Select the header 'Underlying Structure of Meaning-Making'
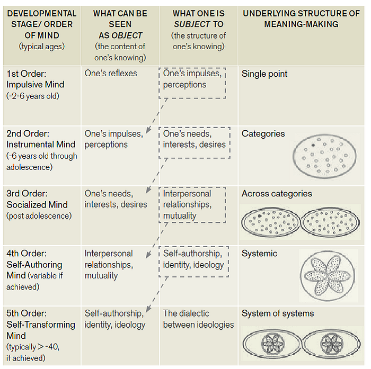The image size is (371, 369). coord(301,19)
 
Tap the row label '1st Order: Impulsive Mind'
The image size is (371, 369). coord(36,79)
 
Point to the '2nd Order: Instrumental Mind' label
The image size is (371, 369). coord(41,139)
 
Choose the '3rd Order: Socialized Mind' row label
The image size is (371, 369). coord(37,199)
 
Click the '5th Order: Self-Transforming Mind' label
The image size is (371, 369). coord(41,325)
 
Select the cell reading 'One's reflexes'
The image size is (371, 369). coord(111,73)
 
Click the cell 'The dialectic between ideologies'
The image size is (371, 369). coord(198,319)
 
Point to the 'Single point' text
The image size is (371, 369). coord(264,74)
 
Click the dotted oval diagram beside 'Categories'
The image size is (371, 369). coord(324,156)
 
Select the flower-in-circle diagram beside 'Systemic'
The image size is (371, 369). coord(328,276)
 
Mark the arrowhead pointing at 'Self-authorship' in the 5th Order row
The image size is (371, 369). coord(148,309)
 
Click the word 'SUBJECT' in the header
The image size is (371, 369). coord(192,24)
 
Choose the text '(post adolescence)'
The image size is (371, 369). coord(39,216)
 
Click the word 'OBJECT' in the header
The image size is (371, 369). coord(127,35)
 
